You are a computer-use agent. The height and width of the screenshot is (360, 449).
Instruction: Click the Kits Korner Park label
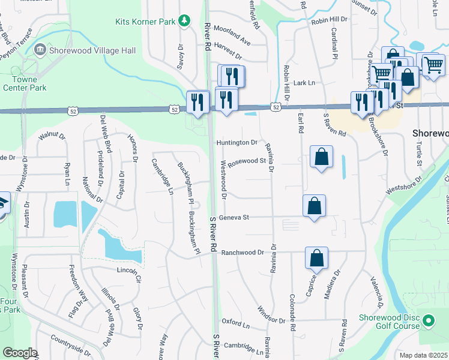point(145,22)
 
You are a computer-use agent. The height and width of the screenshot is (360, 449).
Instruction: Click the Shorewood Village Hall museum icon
point(40,49)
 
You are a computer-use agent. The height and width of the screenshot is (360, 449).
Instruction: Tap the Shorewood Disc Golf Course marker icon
point(428,321)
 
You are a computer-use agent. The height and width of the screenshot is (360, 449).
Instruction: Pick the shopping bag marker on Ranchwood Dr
point(316,258)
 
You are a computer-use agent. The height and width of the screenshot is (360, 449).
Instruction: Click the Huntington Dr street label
point(237,143)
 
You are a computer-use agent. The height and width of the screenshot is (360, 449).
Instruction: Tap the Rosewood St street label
point(247,161)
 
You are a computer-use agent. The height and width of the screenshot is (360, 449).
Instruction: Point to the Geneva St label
point(234,217)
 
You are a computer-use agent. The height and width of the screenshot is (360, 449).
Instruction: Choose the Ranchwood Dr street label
point(243,253)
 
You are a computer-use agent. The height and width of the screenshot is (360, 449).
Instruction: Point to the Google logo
point(20,353)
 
